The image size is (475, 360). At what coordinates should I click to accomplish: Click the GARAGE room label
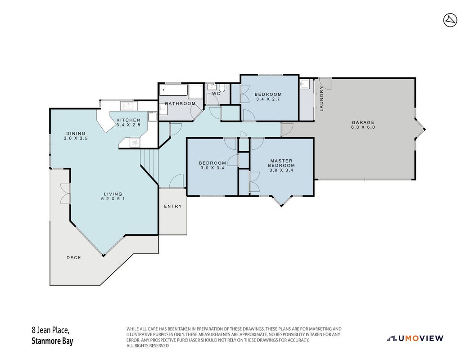tap(363, 122)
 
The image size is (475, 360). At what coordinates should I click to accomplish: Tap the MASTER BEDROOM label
tap(281, 163)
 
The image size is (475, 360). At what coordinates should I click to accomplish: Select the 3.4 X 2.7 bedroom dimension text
tap(268, 99)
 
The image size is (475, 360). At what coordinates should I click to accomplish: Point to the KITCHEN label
tap(128, 120)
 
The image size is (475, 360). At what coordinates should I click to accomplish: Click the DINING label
tap(76, 134)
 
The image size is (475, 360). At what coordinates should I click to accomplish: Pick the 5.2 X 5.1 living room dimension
tap(113, 199)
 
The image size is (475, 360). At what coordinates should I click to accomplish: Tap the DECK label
tap(74, 258)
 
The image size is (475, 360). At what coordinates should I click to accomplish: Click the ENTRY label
tap(173, 207)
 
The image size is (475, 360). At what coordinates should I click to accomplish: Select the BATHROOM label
tap(180, 103)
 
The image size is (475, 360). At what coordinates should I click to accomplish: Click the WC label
tap(216, 94)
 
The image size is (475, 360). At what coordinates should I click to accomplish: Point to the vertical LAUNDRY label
tap(321, 99)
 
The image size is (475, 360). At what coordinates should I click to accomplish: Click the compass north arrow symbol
tap(450, 20)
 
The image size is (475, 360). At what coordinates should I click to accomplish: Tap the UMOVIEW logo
tap(415, 338)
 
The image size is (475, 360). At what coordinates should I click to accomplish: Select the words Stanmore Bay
tap(52, 341)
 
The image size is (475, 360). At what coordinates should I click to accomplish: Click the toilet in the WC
tap(222, 88)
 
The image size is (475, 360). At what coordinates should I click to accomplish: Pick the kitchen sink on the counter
tap(129, 106)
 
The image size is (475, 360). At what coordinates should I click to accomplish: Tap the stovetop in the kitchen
tap(135, 142)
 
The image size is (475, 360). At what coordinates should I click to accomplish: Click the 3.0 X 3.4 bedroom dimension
tap(213, 168)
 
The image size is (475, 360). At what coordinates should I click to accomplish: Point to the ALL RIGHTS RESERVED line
tap(148, 346)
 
